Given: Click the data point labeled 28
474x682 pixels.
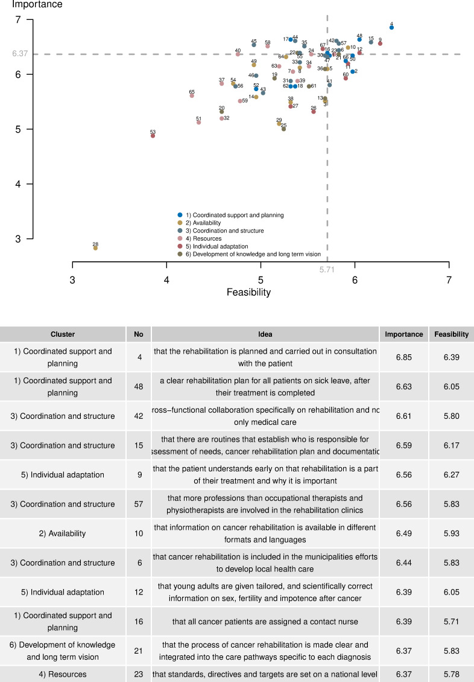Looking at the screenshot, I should tap(95, 248).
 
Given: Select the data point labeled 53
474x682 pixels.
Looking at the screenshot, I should tap(153, 136).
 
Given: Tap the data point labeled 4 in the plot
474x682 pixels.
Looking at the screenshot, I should tap(391, 27).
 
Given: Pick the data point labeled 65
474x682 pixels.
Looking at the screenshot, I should tap(192, 95).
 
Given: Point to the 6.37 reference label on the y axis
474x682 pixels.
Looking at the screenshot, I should tap(21, 54).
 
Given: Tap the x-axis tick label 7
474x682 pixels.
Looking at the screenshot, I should tap(449, 279).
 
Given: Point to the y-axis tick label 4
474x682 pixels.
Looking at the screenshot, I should tap(19, 184).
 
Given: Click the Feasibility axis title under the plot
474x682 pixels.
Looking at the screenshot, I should tap(248, 293).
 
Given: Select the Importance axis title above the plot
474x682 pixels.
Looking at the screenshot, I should tap(37, 5).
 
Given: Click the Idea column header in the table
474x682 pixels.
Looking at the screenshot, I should tap(265, 334).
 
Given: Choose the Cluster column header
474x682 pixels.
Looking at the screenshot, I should tap(63, 334).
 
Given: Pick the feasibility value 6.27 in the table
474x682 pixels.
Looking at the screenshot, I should tap(451, 474).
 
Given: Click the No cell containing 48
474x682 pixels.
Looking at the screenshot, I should tap(138, 386).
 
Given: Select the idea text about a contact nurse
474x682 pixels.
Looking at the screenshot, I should tap(265, 621).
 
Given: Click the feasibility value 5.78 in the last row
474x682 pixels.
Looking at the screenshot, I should tap(451, 674).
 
